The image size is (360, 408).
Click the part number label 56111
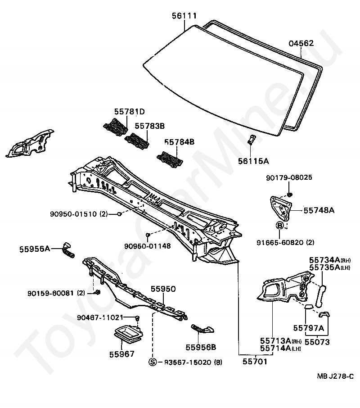click(184, 16)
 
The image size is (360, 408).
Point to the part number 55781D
click(130, 112)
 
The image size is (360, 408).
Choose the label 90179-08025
click(295, 177)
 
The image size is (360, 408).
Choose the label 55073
click(317, 342)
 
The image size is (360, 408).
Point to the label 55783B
click(150, 127)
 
